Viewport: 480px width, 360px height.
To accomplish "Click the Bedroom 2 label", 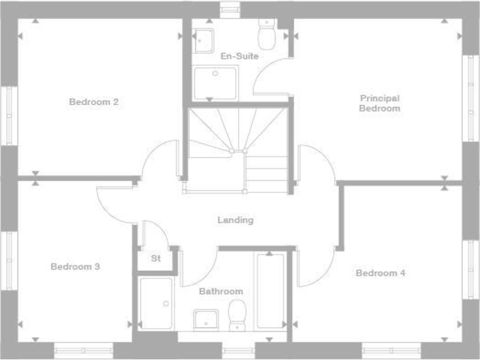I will [x=94, y=102].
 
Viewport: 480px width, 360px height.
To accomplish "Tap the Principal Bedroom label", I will [x=379, y=103].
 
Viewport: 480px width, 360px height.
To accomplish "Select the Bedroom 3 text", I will [x=75, y=267].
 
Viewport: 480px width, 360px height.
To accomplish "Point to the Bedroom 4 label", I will [x=381, y=273].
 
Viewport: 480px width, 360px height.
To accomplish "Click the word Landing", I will [x=236, y=220].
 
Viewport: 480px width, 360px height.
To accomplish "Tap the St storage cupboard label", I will [x=156, y=257].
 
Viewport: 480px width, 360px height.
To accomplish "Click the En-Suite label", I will [x=239, y=56].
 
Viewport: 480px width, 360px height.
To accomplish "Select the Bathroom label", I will [x=221, y=291].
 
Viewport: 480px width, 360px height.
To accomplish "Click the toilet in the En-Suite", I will [x=267, y=34].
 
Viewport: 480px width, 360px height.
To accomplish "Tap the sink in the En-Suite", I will [x=203, y=40].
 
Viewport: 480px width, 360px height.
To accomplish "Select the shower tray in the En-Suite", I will [x=216, y=83].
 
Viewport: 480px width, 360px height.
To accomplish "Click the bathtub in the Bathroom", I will [x=270, y=290].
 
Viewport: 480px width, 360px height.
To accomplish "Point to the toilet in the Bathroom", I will [x=237, y=314].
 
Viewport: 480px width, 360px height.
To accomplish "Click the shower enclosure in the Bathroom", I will [x=156, y=304].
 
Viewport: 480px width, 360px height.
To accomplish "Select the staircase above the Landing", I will [x=237, y=149].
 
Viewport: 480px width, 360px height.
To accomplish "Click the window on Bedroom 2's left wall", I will [x=9, y=116].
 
